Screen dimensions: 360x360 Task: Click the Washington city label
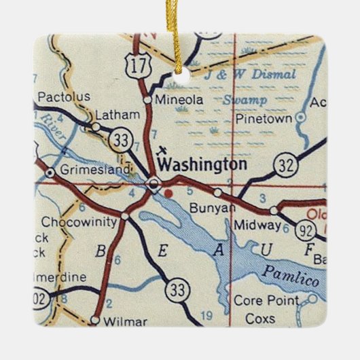[202, 165]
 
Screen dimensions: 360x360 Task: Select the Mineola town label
[179, 99]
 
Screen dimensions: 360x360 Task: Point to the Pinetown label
[263, 118]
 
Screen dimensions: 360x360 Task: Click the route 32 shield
[285, 165]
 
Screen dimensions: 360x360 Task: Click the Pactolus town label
[65, 97]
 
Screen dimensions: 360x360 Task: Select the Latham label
[112, 114]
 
